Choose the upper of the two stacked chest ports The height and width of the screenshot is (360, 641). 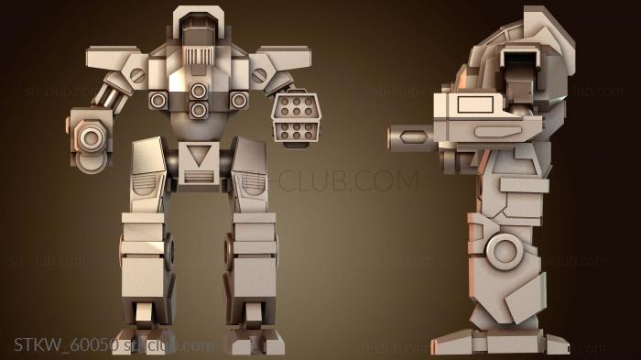[198, 90]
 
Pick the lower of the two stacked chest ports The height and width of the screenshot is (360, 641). [198, 110]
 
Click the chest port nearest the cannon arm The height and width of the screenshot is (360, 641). [158, 99]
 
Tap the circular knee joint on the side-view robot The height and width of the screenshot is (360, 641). [502, 249]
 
